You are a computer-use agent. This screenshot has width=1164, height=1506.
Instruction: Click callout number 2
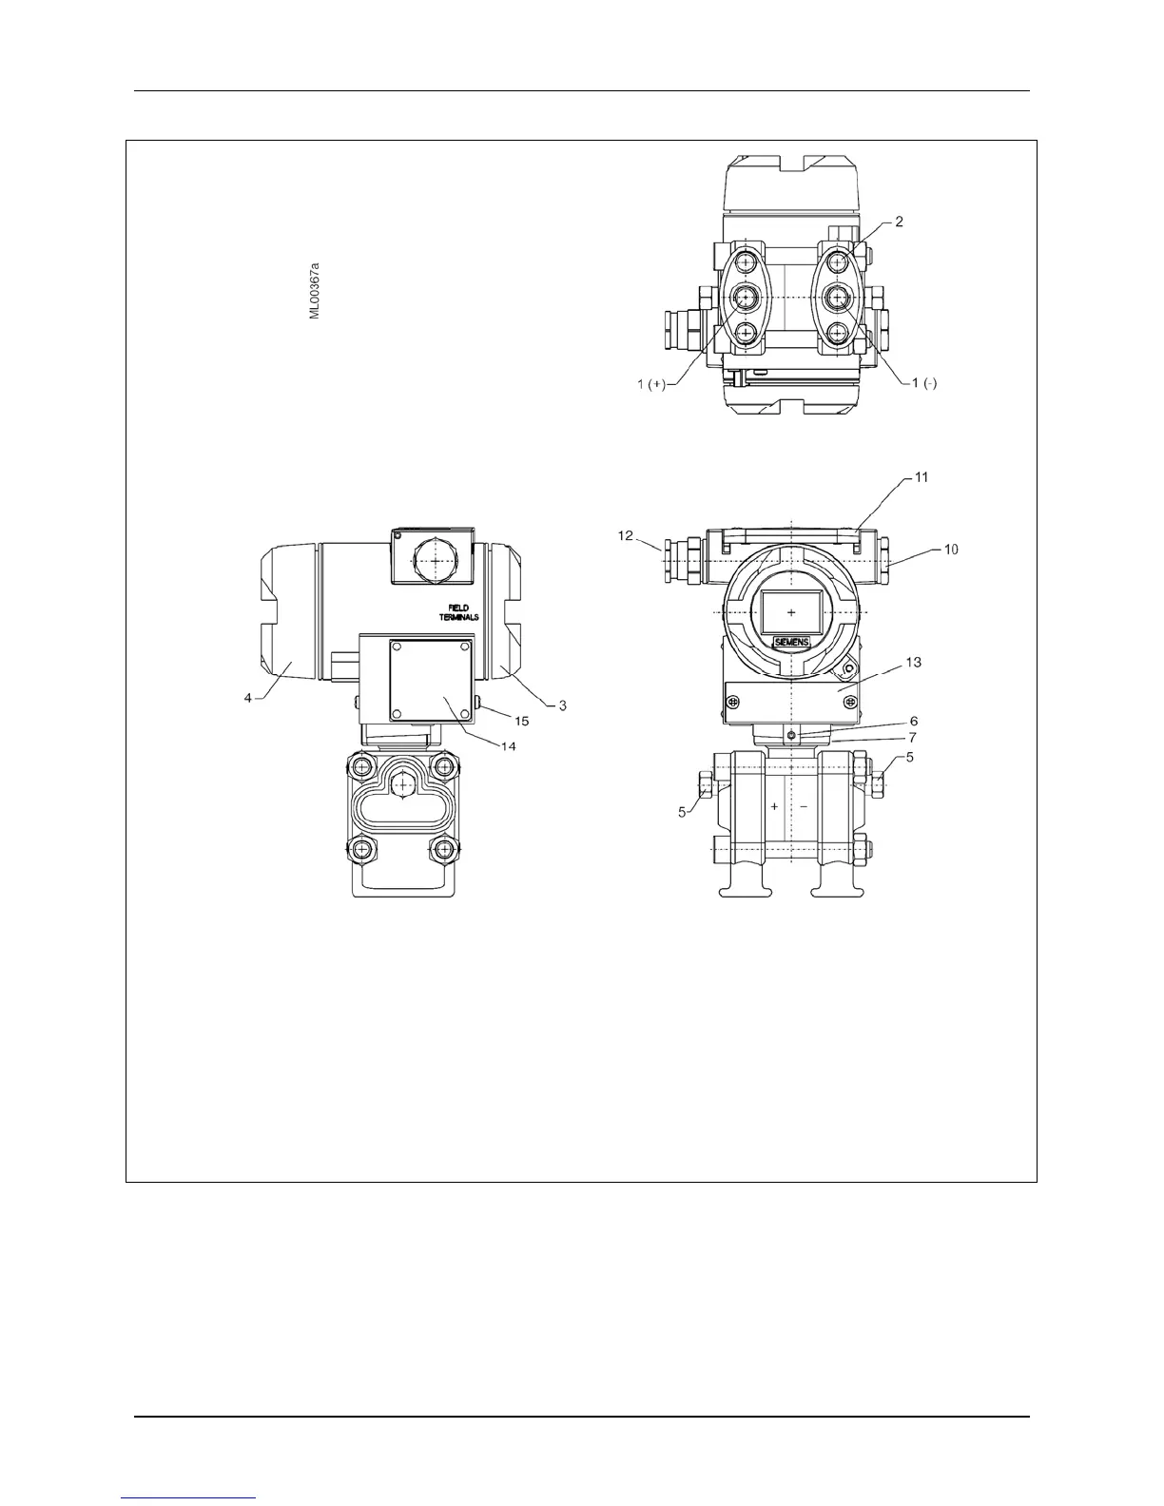pos(899,222)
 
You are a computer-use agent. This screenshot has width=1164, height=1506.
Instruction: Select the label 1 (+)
pos(651,383)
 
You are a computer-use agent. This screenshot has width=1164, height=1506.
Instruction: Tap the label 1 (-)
pos(923,383)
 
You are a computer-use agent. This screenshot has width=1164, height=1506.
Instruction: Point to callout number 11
pos(921,477)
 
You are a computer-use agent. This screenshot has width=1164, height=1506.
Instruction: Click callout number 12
pos(625,536)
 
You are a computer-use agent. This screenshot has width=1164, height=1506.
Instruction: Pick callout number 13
pos(913,662)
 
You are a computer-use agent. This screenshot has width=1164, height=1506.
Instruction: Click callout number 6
pos(913,722)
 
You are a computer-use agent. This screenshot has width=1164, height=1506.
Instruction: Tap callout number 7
pos(913,737)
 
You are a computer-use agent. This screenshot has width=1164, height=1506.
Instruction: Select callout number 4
pos(247,698)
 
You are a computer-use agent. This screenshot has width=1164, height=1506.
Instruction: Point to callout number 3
pos(562,705)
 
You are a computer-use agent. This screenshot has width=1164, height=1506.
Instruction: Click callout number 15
pos(522,722)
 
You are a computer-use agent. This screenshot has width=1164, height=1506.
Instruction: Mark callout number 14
pos(509,746)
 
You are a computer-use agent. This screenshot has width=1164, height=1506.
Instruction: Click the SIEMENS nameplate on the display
pos(790,643)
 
